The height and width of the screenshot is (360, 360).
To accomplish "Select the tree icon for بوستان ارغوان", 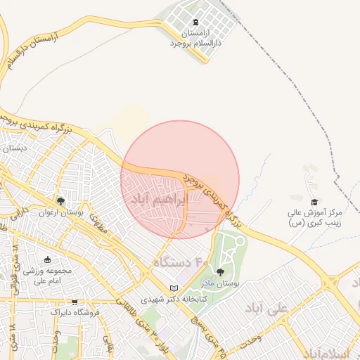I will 60,199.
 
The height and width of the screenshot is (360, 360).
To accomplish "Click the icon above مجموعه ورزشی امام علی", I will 48,259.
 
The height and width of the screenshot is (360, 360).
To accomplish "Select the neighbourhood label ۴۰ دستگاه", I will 182,263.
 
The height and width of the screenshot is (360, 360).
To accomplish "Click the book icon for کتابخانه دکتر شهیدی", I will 175,288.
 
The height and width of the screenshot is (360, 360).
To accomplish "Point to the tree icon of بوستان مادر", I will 220,271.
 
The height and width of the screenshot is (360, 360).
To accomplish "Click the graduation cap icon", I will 314,202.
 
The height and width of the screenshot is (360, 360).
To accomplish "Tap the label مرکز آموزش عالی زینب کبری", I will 314,217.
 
